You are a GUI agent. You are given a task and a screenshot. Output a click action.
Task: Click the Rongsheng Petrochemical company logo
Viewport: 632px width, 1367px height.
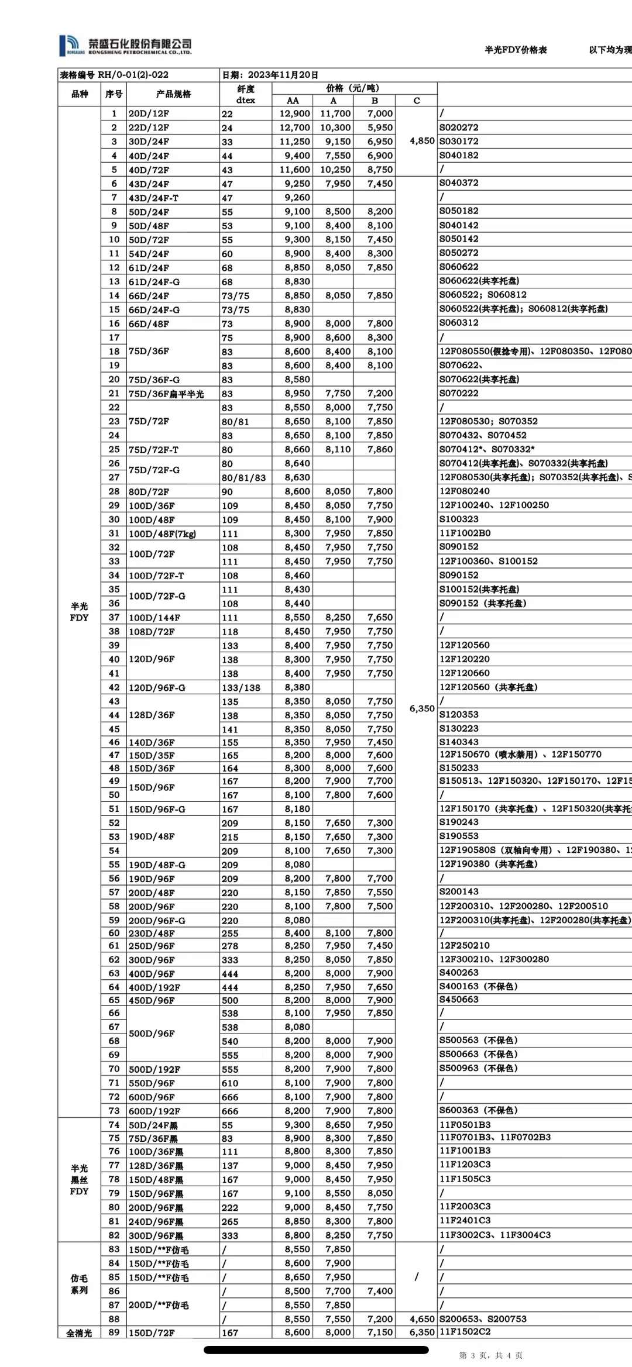(125, 45)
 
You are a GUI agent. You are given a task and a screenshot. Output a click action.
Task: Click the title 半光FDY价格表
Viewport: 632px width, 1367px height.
(516, 50)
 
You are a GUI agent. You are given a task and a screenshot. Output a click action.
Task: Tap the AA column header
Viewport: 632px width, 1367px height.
(293, 101)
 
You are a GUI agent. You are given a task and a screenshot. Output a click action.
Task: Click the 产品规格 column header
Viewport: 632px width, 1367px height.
(173, 94)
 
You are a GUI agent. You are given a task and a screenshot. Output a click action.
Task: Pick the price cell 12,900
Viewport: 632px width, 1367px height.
(295, 113)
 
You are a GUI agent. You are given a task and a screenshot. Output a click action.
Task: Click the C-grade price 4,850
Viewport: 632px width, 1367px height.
(422, 141)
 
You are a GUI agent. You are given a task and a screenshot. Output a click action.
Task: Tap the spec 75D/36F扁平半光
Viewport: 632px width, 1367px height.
(166, 394)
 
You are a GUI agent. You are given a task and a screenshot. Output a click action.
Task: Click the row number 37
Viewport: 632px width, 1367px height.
(114, 617)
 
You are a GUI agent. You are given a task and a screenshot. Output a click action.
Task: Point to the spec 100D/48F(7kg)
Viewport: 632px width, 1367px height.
(162, 533)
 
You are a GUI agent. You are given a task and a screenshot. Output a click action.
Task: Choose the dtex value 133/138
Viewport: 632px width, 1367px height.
(241, 688)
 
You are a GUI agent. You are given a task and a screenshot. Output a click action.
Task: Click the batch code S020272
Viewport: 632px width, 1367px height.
(459, 127)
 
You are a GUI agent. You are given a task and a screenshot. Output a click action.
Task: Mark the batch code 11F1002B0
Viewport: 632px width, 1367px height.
(465, 533)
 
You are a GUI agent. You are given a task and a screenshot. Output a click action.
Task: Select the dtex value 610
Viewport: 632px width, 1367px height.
(230, 1083)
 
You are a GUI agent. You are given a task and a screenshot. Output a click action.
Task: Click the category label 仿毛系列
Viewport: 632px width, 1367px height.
(79, 1284)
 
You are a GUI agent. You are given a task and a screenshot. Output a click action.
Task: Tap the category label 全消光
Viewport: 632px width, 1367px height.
(79, 1333)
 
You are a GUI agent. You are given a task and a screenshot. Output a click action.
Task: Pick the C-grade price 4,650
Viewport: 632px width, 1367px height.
(422, 1319)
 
